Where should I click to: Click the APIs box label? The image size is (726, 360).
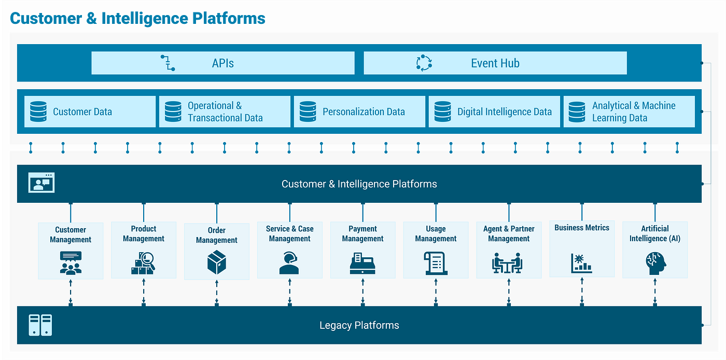click(223, 63)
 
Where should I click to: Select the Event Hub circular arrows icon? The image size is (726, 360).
click(424, 63)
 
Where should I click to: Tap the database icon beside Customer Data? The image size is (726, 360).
click(38, 112)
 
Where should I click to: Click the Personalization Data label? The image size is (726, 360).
click(364, 112)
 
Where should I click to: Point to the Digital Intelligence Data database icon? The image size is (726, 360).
click(442, 112)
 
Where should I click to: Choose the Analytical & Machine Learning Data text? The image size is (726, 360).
click(633, 112)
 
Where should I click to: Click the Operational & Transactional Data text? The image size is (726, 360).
click(225, 112)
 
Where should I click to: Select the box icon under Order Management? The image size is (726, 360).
click(216, 262)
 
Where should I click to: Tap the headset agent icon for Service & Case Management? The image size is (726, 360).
click(289, 262)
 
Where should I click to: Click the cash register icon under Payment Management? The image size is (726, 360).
click(362, 263)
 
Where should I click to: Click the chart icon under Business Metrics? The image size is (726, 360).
click(581, 263)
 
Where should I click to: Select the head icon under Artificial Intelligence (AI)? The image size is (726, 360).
click(654, 262)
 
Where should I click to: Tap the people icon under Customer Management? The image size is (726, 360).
click(71, 262)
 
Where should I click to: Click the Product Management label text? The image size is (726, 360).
click(144, 233)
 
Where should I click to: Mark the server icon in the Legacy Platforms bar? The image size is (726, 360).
click(40, 325)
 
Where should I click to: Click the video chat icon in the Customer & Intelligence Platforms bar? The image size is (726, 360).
click(41, 183)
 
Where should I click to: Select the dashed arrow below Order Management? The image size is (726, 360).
click(216, 293)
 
